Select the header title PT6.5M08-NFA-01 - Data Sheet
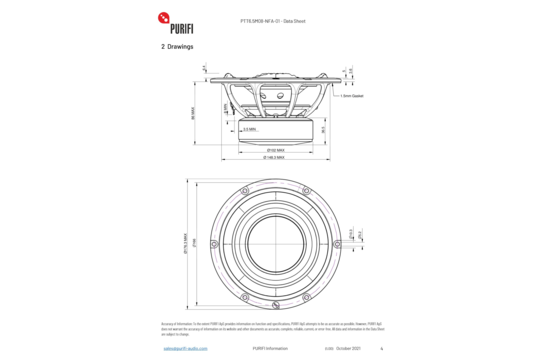[272, 18]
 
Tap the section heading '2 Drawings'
[177, 47]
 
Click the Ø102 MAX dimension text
[272, 150]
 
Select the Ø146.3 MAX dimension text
[272, 158]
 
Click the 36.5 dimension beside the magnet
[322, 129]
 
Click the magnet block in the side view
[272, 130]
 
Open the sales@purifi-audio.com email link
[186, 348]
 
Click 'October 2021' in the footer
[336, 348]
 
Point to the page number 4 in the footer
[381, 348]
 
